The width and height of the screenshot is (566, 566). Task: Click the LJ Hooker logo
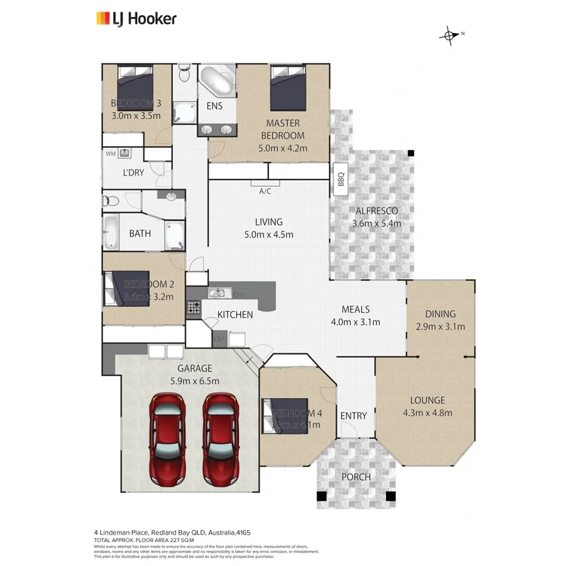136,19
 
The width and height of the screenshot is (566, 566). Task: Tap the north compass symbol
449,36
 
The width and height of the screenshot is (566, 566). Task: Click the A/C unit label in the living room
265,192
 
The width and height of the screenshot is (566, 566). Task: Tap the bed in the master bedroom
289,88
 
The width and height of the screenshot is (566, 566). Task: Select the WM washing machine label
111,153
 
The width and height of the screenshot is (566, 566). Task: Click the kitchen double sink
218,292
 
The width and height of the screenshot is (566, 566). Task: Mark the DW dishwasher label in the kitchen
239,294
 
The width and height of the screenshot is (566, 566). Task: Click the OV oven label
219,340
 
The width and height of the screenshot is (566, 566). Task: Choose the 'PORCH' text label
356,477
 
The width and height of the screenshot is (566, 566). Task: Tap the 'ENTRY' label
353,416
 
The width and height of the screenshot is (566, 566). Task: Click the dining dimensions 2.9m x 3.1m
441,326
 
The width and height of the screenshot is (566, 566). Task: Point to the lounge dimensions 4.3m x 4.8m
428,413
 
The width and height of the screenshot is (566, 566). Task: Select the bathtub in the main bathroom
112,233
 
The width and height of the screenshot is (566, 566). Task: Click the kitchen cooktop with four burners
193,308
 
